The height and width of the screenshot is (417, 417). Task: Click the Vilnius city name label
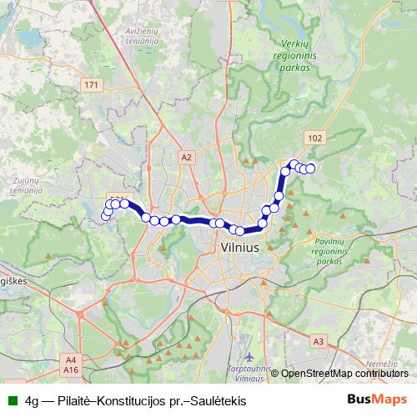(240, 248)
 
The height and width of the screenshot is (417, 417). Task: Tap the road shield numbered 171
(93, 85)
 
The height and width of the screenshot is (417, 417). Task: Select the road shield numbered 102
(314, 138)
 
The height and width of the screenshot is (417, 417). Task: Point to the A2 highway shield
(186, 156)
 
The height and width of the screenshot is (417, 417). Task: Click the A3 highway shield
(319, 340)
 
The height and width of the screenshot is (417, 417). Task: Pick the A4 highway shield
(70, 359)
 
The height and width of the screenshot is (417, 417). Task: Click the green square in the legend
(13, 400)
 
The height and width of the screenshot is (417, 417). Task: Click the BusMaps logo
(377, 399)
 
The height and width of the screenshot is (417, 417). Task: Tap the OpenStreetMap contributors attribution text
(344, 374)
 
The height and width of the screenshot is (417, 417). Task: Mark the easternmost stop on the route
(310, 168)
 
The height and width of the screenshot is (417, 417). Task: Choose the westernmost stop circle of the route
(105, 217)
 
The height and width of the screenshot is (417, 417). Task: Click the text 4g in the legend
(33, 400)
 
